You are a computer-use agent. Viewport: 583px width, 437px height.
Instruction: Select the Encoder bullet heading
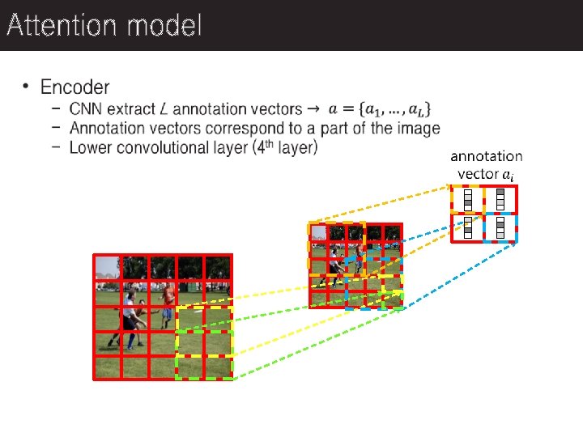coord(74,87)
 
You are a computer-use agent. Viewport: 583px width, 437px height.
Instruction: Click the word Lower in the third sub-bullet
coord(91,147)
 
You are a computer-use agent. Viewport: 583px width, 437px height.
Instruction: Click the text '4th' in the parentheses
coord(270,146)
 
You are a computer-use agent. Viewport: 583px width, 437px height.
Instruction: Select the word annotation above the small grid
coord(487,156)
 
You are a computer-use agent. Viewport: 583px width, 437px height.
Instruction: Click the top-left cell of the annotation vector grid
coord(467,199)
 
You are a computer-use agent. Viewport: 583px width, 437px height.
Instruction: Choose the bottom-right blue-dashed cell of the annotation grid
coord(500,228)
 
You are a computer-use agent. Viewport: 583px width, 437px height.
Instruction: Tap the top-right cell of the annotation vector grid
coord(500,199)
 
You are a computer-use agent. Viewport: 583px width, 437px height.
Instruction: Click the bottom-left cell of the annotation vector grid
coord(467,228)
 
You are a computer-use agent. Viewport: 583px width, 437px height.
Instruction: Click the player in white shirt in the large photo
coord(129,312)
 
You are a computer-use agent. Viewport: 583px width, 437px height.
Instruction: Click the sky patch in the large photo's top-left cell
coord(106,266)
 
